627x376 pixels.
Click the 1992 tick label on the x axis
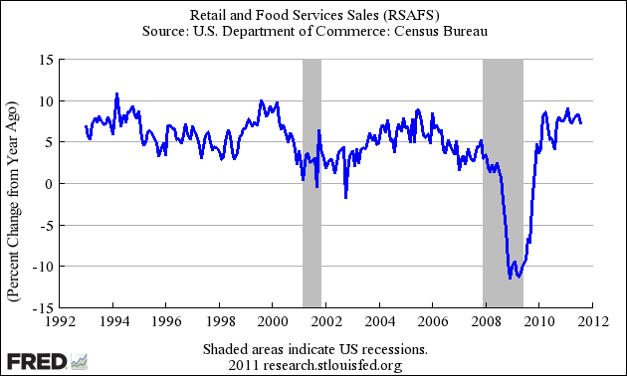click(x=58, y=321)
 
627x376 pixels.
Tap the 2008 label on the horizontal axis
click(x=486, y=321)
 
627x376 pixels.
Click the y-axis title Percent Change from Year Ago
click(x=14, y=184)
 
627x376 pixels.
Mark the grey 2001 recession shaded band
click(x=312, y=184)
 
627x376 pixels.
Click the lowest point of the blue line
click(x=510, y=278)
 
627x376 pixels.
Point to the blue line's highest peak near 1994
click(x=117, y=94)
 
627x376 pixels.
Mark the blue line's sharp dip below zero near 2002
click(x=346, y=197)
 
